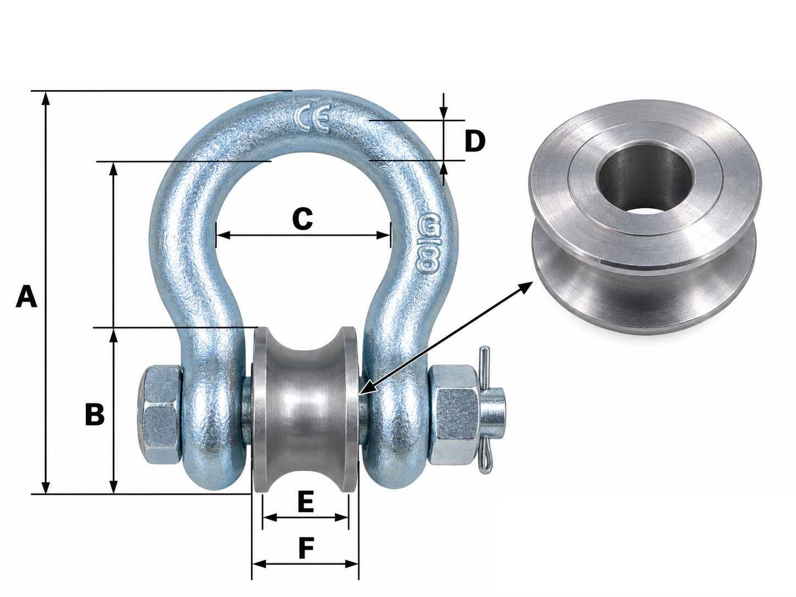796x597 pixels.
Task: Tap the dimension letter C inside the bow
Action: pos(302,219)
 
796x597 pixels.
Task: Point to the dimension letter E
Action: pos(305,502)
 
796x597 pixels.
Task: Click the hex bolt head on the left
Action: pos(159,416)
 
